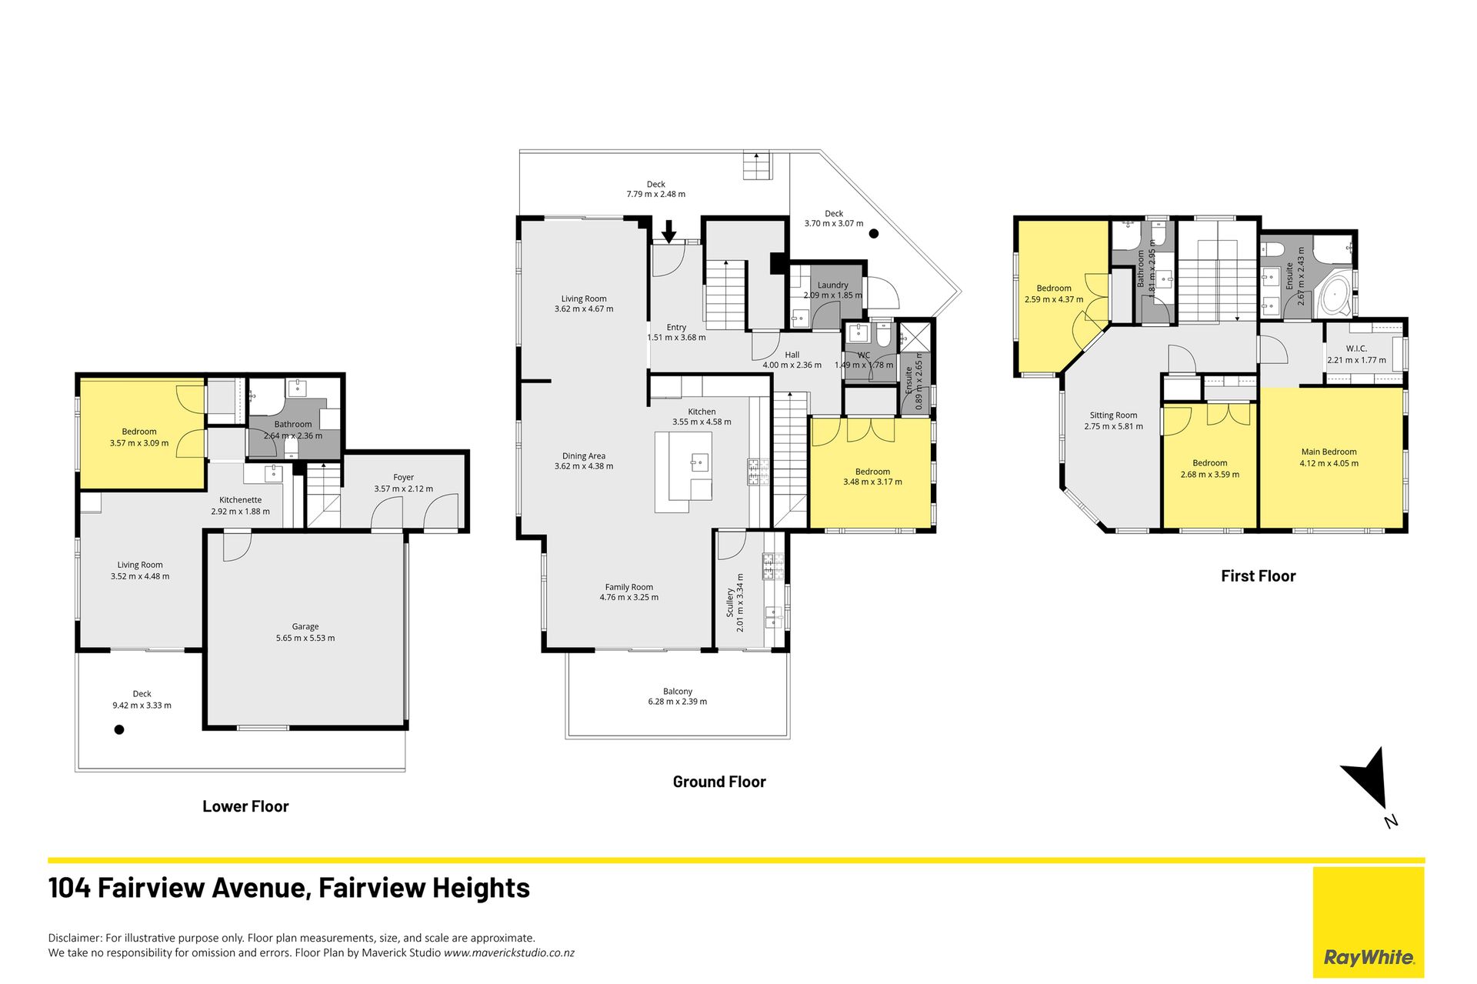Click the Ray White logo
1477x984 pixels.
[1369, 922]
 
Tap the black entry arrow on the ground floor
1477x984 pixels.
[668, 231]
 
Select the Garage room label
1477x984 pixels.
[305, 626]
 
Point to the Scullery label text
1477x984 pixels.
[730, 602]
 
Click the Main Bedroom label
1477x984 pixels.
[1329, 452]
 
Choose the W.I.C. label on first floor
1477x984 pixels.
[1356, 349]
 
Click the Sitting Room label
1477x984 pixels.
[1113, 415]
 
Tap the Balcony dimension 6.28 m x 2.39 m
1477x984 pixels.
[677, 702]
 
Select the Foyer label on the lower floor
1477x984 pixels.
[403, 478]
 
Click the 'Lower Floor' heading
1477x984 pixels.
[245, 806]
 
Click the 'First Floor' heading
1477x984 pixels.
[1258, 576]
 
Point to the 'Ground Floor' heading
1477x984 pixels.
[719, 782]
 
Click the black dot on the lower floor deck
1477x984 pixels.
[119, 729]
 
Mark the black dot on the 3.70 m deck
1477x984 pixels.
[874, 233]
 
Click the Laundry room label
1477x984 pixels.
[833, 285]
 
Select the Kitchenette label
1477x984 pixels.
[240, 500]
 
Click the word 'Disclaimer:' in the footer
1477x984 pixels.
[75, 938]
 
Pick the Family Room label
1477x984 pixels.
[628, 587]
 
